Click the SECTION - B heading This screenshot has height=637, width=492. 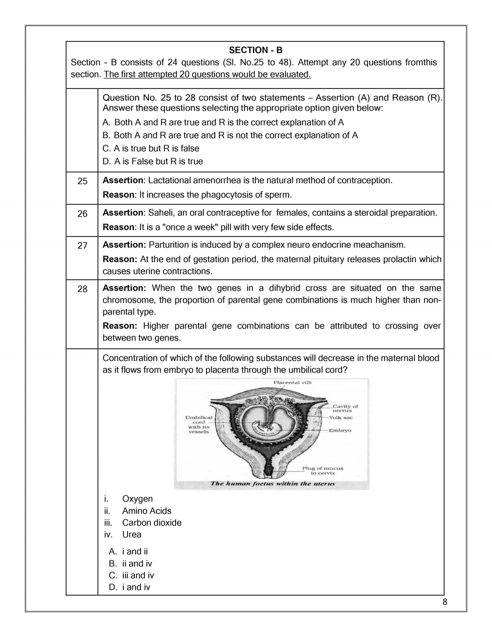click(x=255, y=50)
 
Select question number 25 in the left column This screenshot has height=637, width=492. click(x=82, y=181)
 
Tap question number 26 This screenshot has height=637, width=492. click(x=82, y=214)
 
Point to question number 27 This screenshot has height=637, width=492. click(x=82, y=245)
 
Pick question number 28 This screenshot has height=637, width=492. click(x=82, y=289)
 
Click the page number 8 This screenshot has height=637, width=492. click(x=445, y=602)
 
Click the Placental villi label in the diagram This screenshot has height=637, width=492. click(x=292, y=382)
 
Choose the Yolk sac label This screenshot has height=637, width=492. click(x=341, y=418)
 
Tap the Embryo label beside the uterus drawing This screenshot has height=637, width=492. click(x=340, y=430)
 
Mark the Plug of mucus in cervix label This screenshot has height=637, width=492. click(x=323, y=470)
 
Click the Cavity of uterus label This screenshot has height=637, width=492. click(x=345, y=408)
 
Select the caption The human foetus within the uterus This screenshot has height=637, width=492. click(x=273, y=484)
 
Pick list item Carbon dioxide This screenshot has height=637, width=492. click(x=152, y=523)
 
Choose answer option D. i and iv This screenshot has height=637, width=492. click(x=130, y=587)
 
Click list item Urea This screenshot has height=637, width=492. click(x=132, y=534)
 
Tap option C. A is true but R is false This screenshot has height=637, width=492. click(x=151, y=148)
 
